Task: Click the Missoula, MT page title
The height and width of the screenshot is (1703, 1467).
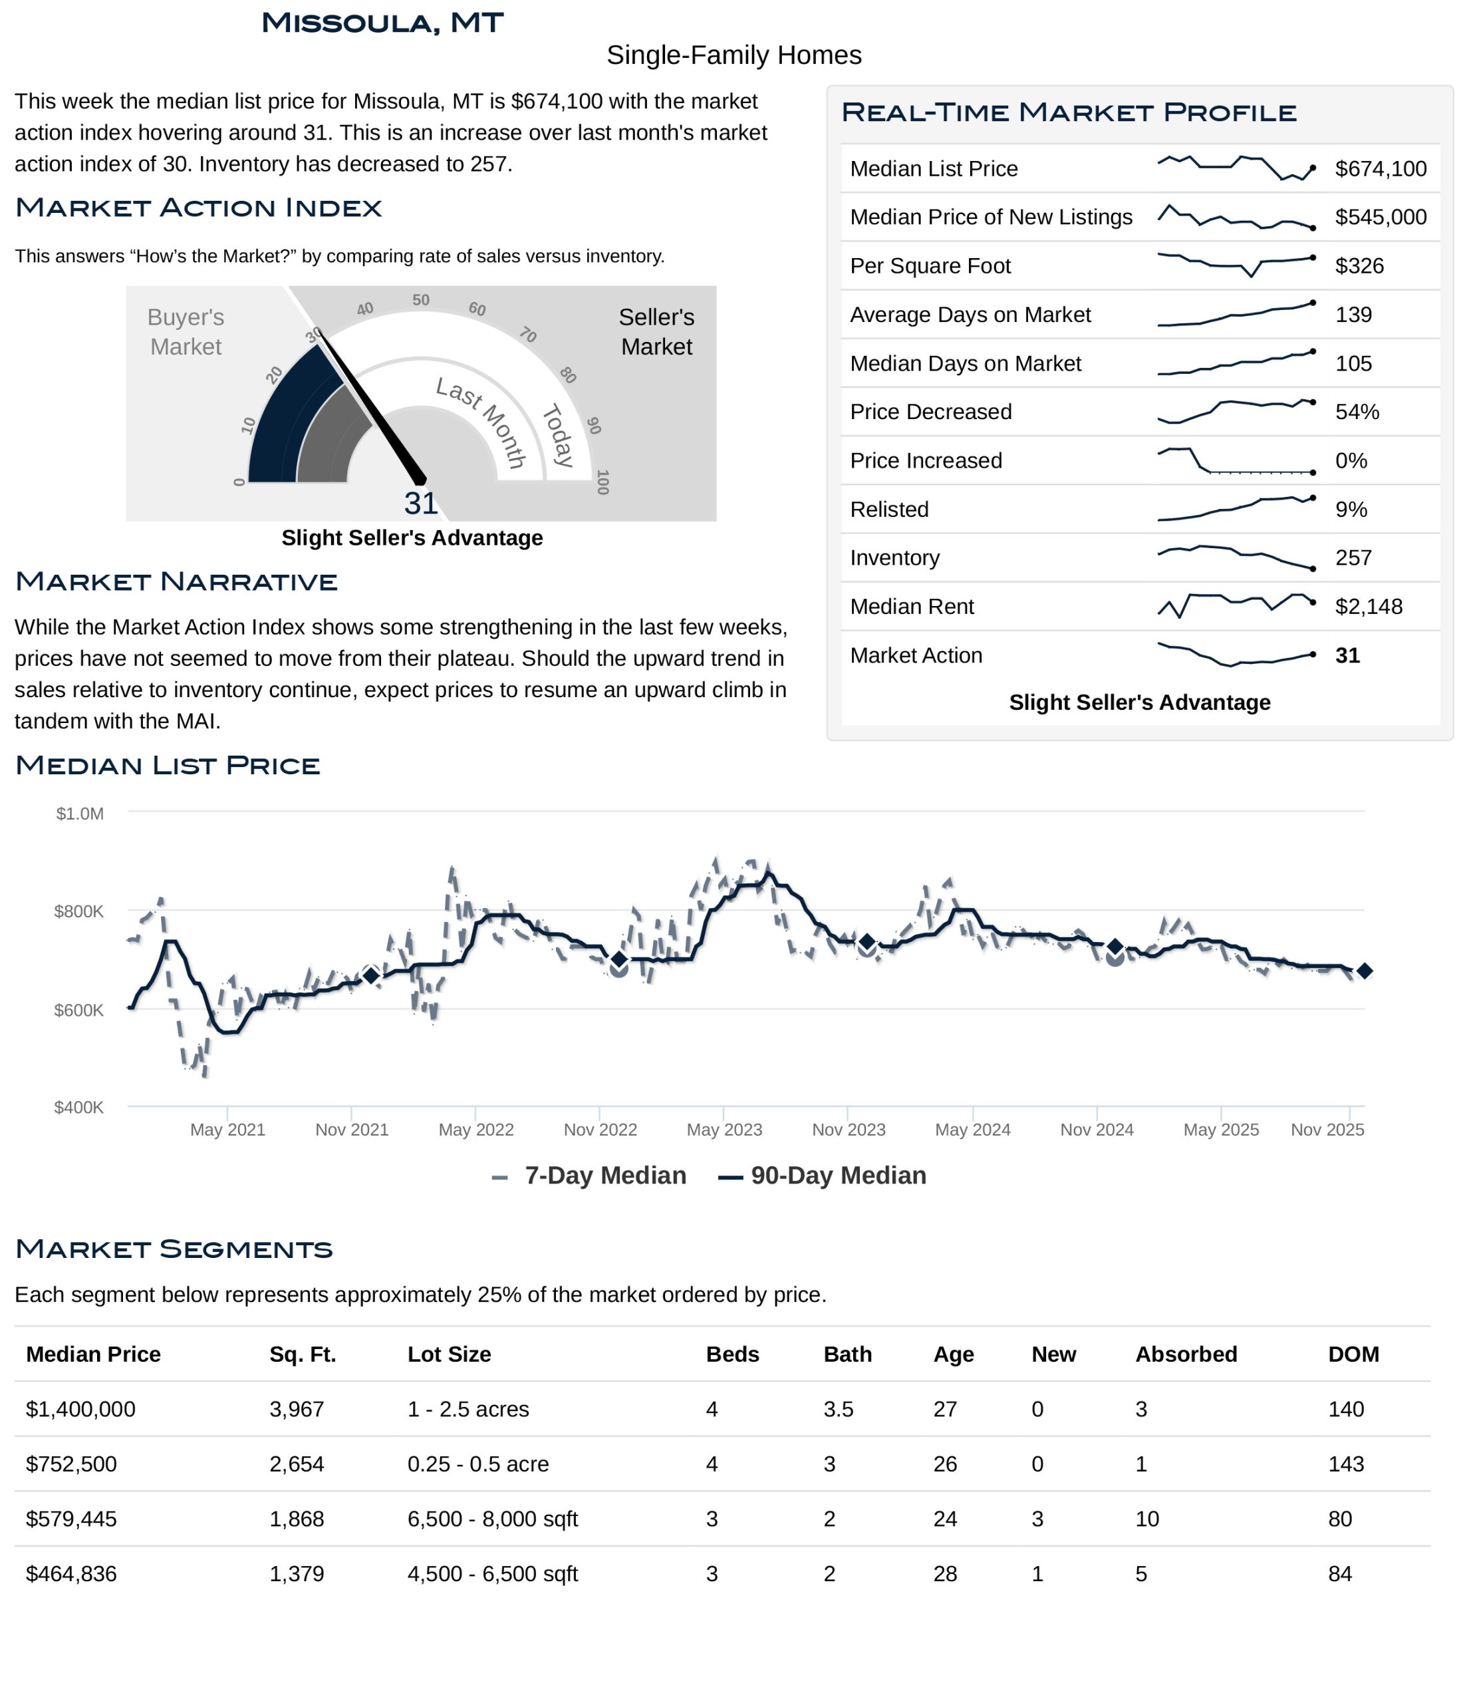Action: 382,23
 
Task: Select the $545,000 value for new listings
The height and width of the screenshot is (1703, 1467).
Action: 1380,217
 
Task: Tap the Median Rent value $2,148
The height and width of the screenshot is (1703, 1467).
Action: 1369,607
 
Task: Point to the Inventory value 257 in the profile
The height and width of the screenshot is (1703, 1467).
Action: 1353,558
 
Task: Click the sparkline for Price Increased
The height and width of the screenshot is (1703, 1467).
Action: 1235,461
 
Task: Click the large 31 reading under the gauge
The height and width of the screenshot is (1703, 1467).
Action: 421,504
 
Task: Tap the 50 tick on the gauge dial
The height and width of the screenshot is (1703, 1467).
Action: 421,300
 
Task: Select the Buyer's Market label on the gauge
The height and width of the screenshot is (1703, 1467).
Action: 186,331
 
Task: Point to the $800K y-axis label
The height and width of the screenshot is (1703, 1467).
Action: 79,911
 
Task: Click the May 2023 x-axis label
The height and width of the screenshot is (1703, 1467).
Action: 724,1130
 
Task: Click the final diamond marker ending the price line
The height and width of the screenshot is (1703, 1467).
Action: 1365,971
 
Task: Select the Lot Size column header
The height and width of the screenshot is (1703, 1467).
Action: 449,1354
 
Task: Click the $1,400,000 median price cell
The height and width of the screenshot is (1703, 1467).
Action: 80,1410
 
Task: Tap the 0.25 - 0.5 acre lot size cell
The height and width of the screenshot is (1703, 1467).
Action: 477,1465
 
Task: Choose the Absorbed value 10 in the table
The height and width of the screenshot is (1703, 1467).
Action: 1146,1519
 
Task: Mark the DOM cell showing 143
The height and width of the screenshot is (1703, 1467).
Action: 1345,1465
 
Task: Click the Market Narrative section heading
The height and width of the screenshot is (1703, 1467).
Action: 176,582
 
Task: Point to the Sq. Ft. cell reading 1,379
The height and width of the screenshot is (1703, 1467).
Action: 297,1574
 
